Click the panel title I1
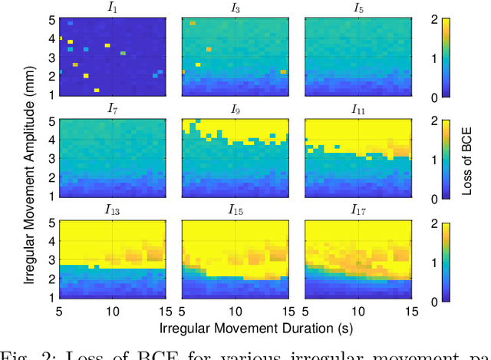[x=111, y=8]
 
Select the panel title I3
[x=235, y=8]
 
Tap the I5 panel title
[x=358, y=8]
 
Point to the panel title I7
[x=111, y=109]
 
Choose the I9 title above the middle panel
[x=235, y=109]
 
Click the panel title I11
[x=358, y=109]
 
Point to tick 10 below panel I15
[x=235, y=312]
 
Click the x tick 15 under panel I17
[x=410, y=312]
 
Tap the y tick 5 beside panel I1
[x=51, y=18]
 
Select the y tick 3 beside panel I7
[x=51, y=159]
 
